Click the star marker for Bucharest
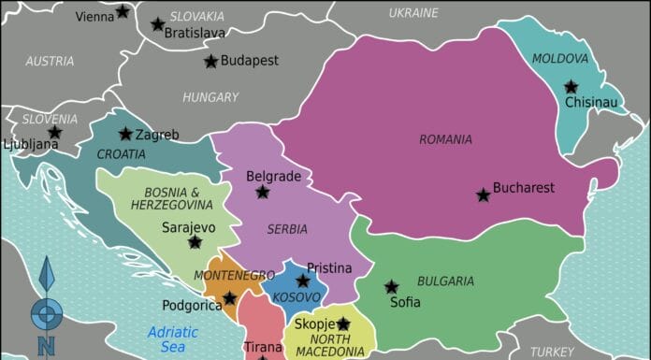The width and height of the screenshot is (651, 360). click(x=483, y=195)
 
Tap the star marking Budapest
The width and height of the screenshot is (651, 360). click(x=211, y=62)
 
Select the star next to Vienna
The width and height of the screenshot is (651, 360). click(x=123, y=12)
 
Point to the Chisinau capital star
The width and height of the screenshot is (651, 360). click(x=571, y=87)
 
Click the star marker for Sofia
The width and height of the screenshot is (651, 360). click(x=391, y=287)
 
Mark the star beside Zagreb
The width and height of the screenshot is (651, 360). click(x=125, y=135)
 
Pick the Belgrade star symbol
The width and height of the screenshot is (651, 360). click(x=263, y=192)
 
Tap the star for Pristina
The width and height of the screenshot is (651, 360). click(x=302, y=280)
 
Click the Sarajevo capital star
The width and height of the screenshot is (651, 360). click(x=195, y=242)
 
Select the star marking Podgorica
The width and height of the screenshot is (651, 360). click(x=229, y=297)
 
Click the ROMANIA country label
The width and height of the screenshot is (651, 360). click(x=445, y=139)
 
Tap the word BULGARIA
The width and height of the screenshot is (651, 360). click(x=445, y=281)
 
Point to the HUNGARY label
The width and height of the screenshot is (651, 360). click(x=210, y=97)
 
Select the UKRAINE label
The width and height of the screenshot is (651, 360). click(x=412, y=13)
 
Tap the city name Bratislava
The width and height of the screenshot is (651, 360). click(x=195, y=33)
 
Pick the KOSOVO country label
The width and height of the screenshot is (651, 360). click(x=297, y=297)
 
